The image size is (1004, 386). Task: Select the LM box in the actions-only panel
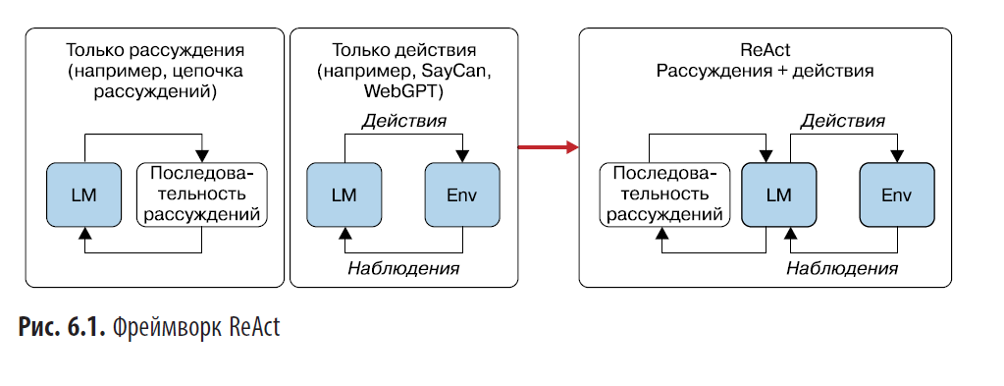point(343,193)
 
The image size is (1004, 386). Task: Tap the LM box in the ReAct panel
point(778,194)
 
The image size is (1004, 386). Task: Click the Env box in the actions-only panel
point(461,193)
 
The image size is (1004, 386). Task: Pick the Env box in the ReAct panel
point(896,194)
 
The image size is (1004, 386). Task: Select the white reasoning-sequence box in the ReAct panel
point(663,194)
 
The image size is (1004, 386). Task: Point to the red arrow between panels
point(548,148)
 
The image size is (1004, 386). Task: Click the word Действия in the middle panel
point(404,122)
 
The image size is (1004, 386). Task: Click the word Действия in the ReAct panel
point(842,121)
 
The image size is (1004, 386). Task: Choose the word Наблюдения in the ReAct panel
point(842,268)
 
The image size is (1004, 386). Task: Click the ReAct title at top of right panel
point(765,50)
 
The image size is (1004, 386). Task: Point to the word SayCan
point(454,72)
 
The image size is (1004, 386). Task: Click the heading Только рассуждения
point(154,50)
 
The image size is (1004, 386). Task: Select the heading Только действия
point(404,50)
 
